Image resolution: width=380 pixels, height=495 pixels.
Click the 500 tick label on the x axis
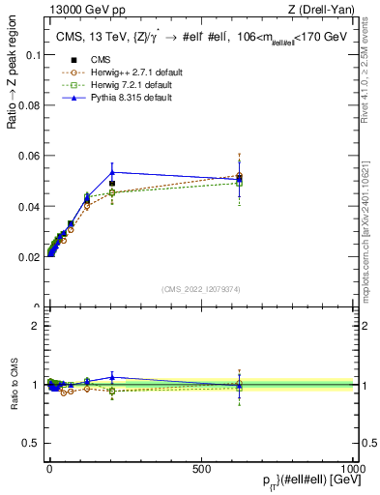point(202,467)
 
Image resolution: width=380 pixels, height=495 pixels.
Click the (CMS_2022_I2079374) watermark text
point(201,289)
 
